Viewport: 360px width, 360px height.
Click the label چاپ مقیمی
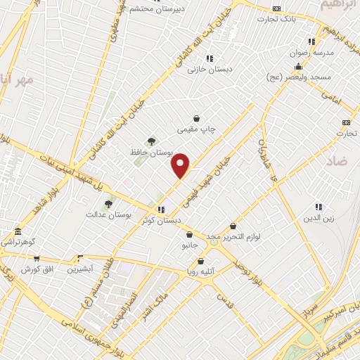point(196,129)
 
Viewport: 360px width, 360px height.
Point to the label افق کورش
point(37,269)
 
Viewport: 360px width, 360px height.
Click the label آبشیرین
point(82,269)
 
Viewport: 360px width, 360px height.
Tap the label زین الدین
point(318,218)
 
